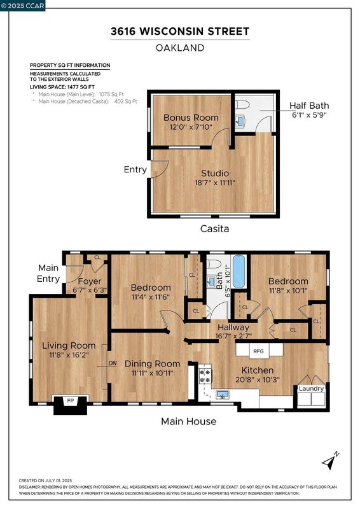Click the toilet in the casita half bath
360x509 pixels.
click(x=242, y=104)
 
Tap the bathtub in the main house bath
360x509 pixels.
click(x=239, y=272)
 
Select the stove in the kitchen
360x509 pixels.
click(x=205, y=376)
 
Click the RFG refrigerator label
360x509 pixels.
click(x=258, y=351)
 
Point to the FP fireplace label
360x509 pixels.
click(x=71, y=401)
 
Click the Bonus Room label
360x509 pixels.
click(x=191, y=118)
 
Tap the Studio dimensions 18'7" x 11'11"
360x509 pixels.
click(x=214, y=183)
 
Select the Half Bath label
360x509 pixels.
click(x=309, y=106)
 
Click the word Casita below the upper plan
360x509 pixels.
click(x=214, y=228)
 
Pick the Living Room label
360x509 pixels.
click(x=69, y=345)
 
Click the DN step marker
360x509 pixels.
click(x=113, y=363)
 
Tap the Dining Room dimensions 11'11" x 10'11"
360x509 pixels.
click(x=152, y=373)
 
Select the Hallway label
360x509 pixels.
click(x=233, y=327)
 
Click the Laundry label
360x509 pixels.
click(x=311, y=389)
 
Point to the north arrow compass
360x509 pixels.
click(x=331, y=461)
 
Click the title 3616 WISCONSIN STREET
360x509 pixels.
click(x=180, y=31)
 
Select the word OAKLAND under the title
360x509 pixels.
click(x=180, y=48)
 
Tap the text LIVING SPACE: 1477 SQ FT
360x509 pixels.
click(x=62, y=87)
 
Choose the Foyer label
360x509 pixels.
click(x=90, y=281)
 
